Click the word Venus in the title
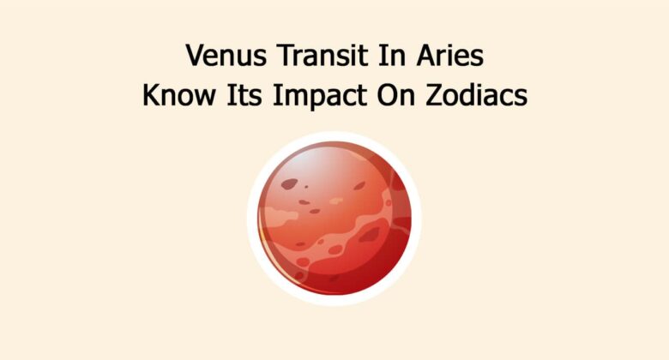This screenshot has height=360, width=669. pyautogui.click(x=224, y=57)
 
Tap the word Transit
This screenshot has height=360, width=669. pyautogui.click(x=315, y=57)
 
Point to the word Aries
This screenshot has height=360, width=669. pyautogui.click(x=444, y=57)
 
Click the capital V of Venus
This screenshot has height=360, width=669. pyautogui.click(x=196, y=57)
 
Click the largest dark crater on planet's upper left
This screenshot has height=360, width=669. pyautogui.click(x=290, y=183)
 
